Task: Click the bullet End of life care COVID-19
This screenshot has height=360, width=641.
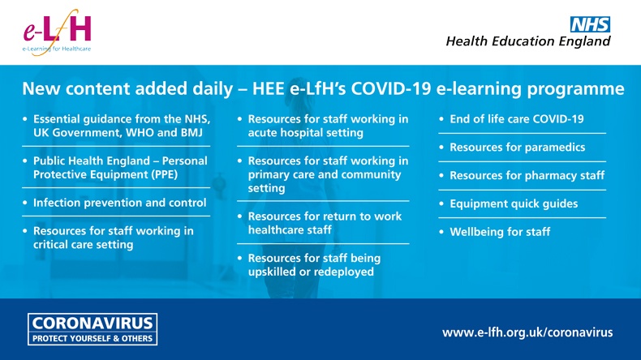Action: click(x=516, y=119)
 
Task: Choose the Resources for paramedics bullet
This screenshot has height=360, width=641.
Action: click(x=517, y=148)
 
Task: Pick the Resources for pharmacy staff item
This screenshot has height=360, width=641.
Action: click(x=527, y=175)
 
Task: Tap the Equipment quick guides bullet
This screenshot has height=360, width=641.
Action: click(x=514, y=204)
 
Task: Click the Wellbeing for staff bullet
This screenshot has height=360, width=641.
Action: click(x=500, y=232)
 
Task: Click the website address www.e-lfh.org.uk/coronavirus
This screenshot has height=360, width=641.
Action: click(x=527, y=332)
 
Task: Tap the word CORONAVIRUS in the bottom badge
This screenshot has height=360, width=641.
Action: click(x=92, y=323)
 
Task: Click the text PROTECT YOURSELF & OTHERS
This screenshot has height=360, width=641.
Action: click(x=92, y=338)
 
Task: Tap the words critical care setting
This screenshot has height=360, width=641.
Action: click(x=84, y=244)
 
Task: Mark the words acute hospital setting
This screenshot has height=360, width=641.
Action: click(x=305, y=132)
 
